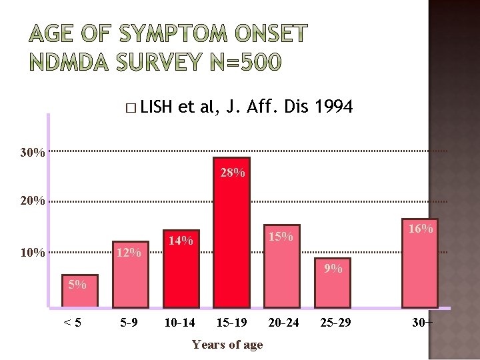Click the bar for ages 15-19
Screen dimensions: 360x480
coord(231,233)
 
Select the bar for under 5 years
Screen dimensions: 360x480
coord(79,291)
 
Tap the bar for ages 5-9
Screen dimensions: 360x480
coord(129,274)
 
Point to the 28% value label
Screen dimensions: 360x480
coord(232,173)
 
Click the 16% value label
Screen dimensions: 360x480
coord(421,229)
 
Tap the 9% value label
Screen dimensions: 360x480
coord(333,269)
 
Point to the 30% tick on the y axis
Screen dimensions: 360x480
coord(33,153)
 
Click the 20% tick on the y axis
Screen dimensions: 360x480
coord(33,201)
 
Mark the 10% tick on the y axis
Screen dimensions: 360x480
coord(33,253)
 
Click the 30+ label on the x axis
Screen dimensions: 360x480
coord(422,323)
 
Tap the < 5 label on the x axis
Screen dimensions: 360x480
coord(73,323)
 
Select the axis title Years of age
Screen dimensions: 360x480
coord(227,345)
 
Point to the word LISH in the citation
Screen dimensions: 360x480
coord(157,107)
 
